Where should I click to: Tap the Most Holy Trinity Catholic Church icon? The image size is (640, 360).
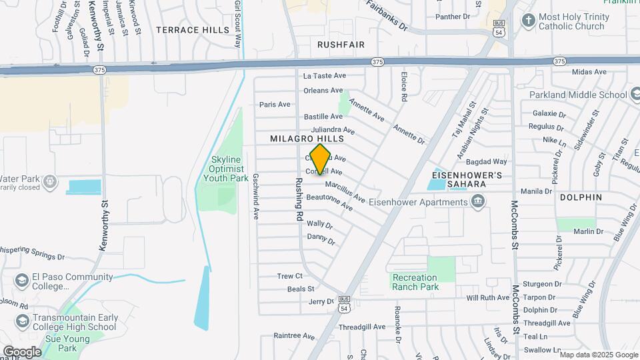[528, 19]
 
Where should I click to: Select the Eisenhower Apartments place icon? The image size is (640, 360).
[477, 201]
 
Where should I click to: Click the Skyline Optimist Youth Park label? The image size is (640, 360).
[229, 169]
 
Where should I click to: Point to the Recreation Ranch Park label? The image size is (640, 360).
[415, 282]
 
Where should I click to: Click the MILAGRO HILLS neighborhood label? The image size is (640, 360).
[307, 138]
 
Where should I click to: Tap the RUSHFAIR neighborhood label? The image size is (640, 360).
[341, 44]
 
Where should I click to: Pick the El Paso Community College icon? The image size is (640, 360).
[22, 279]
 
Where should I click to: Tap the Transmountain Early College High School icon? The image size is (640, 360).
[22, 322]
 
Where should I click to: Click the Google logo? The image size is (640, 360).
[21, 351]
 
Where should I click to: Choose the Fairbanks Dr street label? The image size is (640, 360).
[387, 15]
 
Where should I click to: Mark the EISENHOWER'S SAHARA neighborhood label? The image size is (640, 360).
[465, 179]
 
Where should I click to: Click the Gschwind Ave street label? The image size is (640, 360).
[255, 197]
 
